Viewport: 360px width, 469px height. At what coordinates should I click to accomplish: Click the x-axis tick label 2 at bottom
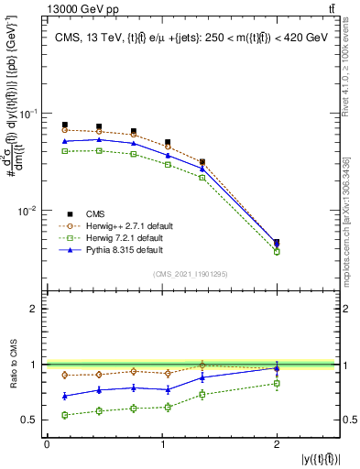point(277,444)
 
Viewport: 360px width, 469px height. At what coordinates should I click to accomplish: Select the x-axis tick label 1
point(162,444)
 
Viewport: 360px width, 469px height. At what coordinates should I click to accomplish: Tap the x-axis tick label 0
point(47,444)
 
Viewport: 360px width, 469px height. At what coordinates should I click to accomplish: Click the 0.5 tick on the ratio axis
point(32,420)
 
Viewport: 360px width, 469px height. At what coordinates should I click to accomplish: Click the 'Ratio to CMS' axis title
point(11,364)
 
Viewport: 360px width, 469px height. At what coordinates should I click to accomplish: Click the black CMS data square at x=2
point(277,243)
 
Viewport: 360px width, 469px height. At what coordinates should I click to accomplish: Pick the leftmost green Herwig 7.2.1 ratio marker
point(64,415)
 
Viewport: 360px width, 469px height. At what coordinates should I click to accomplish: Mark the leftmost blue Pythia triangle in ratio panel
point(64,396)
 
